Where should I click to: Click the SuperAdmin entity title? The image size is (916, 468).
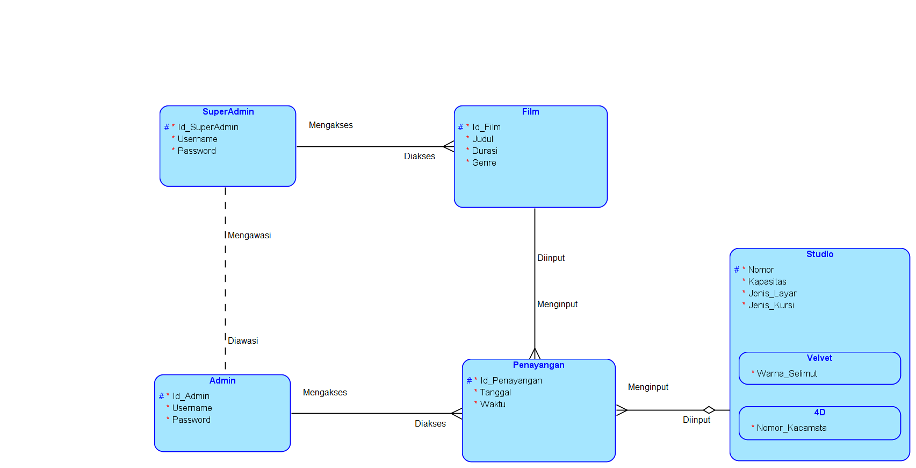pos(228,112)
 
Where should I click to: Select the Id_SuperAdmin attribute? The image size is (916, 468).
pos(208,127)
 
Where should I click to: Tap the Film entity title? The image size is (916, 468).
pos(530,112)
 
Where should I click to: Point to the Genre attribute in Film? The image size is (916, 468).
pos(484,163)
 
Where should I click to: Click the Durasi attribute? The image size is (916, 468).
pos(484,151)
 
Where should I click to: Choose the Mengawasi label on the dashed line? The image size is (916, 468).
pos(249,236)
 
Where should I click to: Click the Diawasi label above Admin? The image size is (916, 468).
pos(243,341)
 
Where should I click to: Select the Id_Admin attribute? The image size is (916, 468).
pos(191,396)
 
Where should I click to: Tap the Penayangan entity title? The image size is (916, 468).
pos(538,365)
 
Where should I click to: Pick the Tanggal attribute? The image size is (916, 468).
pos(495,393)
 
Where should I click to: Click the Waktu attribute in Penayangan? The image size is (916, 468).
pos(492,405)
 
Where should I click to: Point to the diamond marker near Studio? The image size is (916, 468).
pos(709,410)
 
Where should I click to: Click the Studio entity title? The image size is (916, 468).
pos(819,254)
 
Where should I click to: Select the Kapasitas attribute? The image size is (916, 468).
pos(767,282)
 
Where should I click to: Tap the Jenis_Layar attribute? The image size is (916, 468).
pos(772,294)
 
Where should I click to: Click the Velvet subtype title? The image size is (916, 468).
pos(819,358)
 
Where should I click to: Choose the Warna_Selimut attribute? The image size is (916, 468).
pos(787,374)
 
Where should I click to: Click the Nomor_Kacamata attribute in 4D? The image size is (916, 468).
pos(791,428)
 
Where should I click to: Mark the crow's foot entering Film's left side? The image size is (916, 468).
pos(449,146)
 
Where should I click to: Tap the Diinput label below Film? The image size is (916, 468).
pos(551,258)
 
